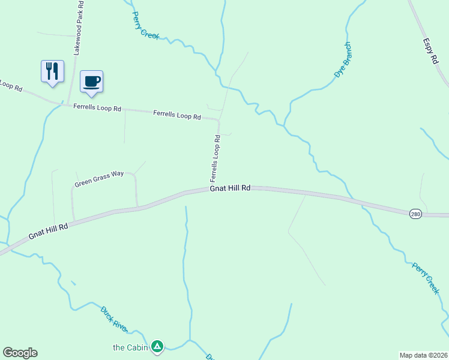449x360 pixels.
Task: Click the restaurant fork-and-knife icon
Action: pyautogui.click(x=52, y=71)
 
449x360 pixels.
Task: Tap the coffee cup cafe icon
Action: pyautogui.click(x=91, y=81)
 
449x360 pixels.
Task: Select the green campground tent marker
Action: pyautogui.click(x=157, y=346)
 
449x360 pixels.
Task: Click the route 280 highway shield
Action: pyautogui.click(x=415, y=214)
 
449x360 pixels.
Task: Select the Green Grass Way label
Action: pyautogui.click(x=99, y=178)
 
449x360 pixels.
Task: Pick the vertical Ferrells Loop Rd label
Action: pyautogui.click(x=215, y=158)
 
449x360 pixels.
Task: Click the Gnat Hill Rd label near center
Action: pyautogui.click(x=230, y=188)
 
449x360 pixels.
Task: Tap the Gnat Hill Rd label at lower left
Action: pyautogui.click(x=48, y=231)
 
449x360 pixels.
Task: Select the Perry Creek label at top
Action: pyautogui.click(x=145, y=25)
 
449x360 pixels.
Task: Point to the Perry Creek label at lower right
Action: pyautogui.click(x=426, y=278)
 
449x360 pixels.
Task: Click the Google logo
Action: pyautogui.click(x=20, y=353)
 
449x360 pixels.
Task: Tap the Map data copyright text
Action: pyautogui.click(x=423, y=355)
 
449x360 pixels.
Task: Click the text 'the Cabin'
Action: pyautogui.click(x=130, y=347)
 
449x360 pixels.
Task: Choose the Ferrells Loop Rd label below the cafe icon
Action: pyautogui.click(x=97, y=108)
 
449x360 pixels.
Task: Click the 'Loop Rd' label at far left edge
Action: pyautogui.click(x=11, y=86)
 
